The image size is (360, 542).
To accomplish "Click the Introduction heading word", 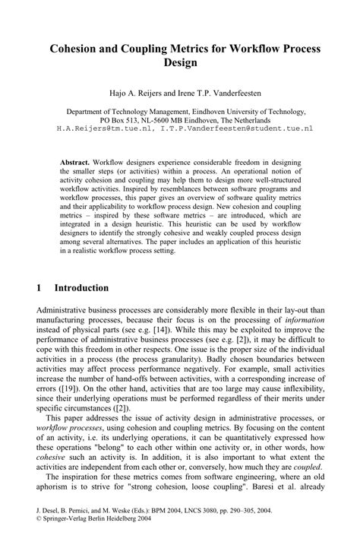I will click(82, 288).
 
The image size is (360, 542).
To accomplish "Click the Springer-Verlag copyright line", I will click(82, 534).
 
